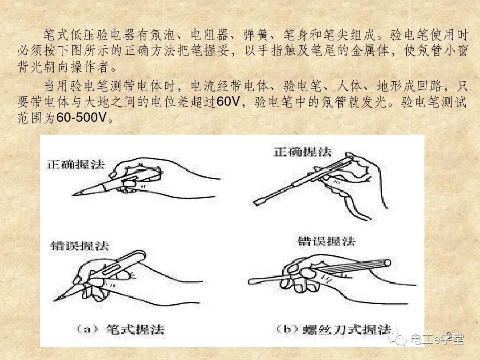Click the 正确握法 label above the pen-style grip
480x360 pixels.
(x=76, y=164)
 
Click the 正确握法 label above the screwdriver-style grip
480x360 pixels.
(x=303, y=152)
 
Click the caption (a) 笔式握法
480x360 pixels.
(x=120, y=329)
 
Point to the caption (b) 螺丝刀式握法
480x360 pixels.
(x=333, y=329)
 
